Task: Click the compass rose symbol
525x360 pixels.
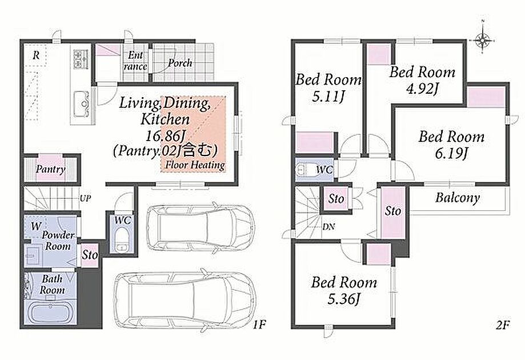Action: [483, 41]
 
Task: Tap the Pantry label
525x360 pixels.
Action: [50, 169]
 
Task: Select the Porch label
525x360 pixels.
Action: [180, 63]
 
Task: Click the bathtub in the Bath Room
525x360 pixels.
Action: [50, 314]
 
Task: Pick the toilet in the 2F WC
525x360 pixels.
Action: [305, 169]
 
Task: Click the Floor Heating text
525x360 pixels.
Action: [195, 165]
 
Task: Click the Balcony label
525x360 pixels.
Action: [458, 198]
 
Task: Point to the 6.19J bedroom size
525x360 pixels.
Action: [451, 153]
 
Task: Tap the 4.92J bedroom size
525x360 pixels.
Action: [422, 89]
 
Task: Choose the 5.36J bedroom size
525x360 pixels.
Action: [344, 299]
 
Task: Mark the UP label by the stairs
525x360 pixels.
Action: [85, 198]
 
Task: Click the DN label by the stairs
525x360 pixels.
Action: [329, 227]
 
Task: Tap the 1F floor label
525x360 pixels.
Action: [259, 324]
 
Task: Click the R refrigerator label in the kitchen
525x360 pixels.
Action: [36, 55]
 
